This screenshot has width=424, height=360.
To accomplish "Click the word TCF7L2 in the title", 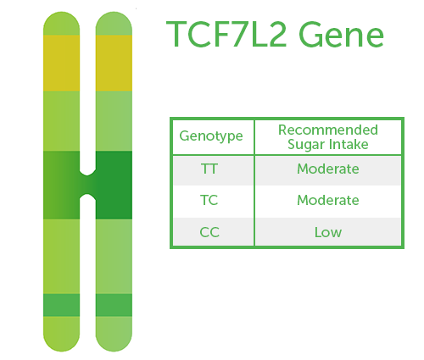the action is pyautogui.click(x=226, y=34).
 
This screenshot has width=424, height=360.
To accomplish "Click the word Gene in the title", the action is pyautogui.click(x=341, y=34).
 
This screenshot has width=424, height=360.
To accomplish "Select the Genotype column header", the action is pyautogui.click(x=211, y=136).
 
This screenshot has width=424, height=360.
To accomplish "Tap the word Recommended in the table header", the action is pyautogui.click(x=328, y=130).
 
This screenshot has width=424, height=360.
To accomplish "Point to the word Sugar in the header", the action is pyautogui.click(x=305, y=145).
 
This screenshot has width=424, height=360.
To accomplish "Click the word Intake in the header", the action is pyautogui.click(x=349, y=144).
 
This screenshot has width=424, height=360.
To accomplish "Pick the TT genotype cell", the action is pyautogui.click(x=209, y=169).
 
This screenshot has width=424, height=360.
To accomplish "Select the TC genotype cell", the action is pyautogui.click(x=209, y=200).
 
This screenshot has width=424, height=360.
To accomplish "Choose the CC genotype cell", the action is pyautogui.click(x=209, y=232).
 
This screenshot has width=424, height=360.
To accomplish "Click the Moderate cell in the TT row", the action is pyautogui.click(x=328, y=169).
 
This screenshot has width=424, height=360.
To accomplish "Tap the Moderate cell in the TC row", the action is pyautogui.click(x=328, y=200).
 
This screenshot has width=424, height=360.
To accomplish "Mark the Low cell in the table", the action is pyautogui.click(x=328, y=232).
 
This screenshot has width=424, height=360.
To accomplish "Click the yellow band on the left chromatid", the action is pyautogui.click(x=61, y=63).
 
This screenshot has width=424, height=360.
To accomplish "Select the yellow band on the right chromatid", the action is pyautogui.click(x=114, y=63).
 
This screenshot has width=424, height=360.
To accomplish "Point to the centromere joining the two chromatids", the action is pyautogui.click(x=87, y=185).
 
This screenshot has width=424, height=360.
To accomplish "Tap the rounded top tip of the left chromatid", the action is pyautogui.click(x=61, y=13).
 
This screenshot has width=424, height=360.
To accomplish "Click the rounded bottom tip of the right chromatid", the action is pyautogui.click(x=114, y=351).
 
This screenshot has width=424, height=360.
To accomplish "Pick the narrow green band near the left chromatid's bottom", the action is pyautogui.click(x=61, y=305).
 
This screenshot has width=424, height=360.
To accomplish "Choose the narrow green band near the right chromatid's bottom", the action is pyautogui.click(x=114, y=305).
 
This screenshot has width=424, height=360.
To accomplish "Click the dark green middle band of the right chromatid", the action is pyautogui.click(x=114, y=185).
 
